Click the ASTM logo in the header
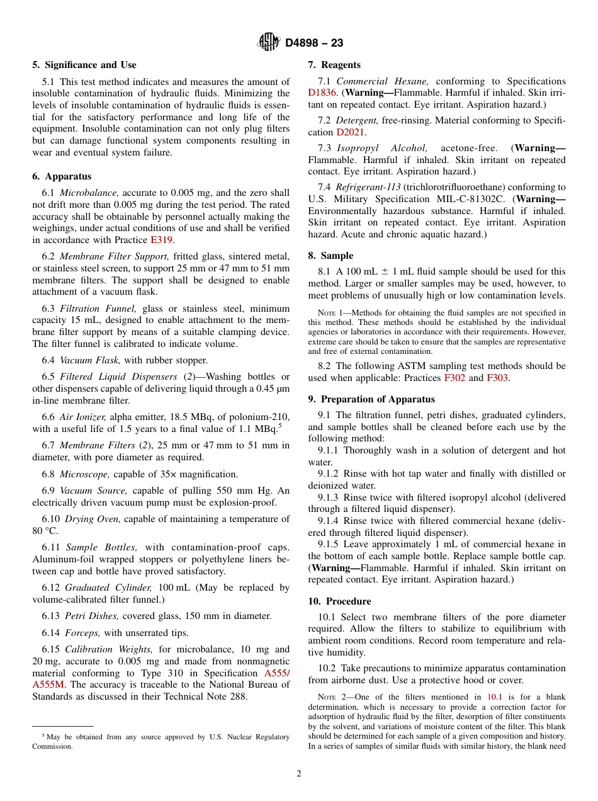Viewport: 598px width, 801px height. point(268,43)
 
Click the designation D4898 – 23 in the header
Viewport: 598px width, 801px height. point(314,43)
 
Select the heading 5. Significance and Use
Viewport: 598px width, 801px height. point(84,65)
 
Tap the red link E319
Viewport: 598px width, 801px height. point(161,240)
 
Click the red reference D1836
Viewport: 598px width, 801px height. point(322,93)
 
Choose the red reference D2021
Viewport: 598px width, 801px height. point(351,132)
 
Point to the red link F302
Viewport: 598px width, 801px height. point(455,378)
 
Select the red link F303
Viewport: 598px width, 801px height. point(497,378)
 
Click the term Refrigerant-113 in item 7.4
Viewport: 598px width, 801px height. point(368,187)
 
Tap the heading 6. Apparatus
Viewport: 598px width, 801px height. point(62,176)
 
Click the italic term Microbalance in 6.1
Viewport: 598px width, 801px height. point(89,193)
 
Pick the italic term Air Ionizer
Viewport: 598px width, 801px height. point(82,417)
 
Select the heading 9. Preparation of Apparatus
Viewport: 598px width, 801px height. point(371,399)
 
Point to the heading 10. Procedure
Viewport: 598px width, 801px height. point(339,601)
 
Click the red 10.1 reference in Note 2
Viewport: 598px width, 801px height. point(495,697)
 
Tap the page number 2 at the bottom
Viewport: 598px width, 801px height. point(299,774)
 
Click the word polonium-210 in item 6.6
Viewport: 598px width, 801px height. point(262,417)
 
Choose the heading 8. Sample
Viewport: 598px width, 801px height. point(330,256)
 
